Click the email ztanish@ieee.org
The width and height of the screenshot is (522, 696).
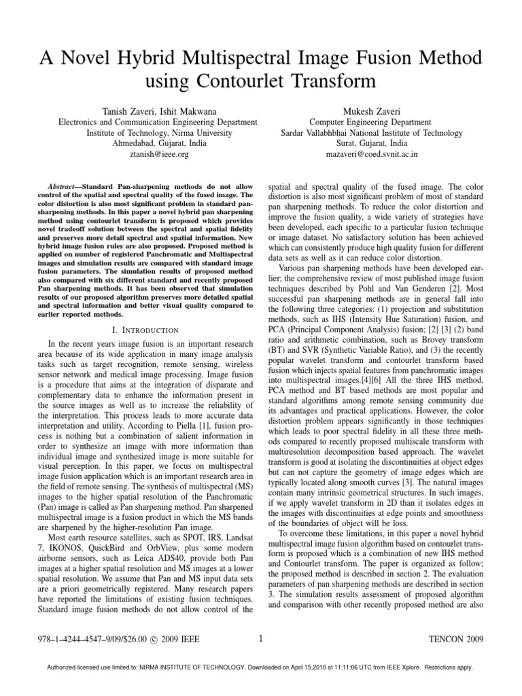pyautogui.click(x=146, y=154)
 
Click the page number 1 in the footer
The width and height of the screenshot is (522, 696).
pyautogui.click(x=260, y=638)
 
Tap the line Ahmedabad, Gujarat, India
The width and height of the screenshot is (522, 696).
pyautogui.click(x=146, y=143)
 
